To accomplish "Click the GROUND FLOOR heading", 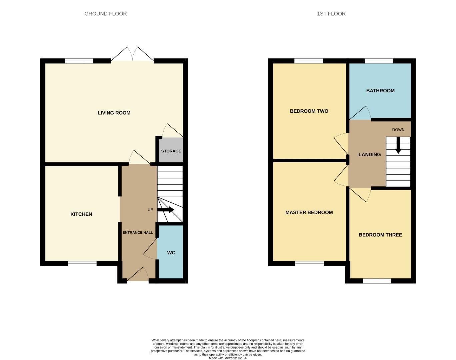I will click(105, 14).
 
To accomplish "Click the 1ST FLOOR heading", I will click(331, 14).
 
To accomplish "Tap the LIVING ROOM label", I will click(114, 113).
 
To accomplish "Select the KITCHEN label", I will click(81, 214).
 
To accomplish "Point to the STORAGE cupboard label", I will click(171, 151).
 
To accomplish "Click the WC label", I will click(171, 253).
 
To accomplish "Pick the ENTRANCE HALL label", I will click(138, 232).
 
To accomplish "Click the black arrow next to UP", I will click(166, 210).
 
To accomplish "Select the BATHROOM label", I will click(380, 91).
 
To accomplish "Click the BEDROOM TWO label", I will click(309, 111).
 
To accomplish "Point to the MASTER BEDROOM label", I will click(309, 212).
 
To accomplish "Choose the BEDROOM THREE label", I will click(380, 235).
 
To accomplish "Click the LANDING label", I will click(369, 154).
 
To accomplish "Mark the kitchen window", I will click(82, 264).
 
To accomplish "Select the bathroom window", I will click(379, 61).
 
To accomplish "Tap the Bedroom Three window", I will click(377, 281).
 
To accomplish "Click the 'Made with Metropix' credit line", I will click(228, 358).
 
